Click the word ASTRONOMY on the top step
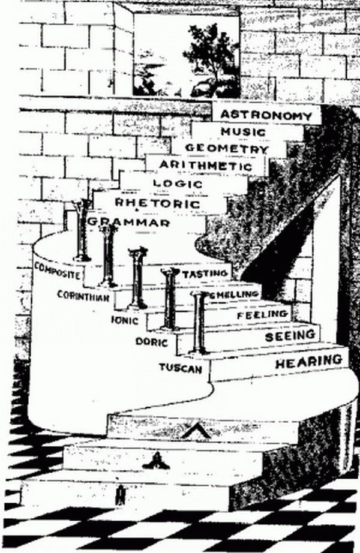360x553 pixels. (266, 115)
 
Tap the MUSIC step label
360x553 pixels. (243, 131)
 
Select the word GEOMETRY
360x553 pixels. (227, 148)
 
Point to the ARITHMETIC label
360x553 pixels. (206, 166)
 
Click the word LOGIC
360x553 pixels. (178, 183)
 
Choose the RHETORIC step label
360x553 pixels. (157, 203)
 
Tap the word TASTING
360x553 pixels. (206, 274)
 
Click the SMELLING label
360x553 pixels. (235, 294)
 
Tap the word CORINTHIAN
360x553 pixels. (83, 295)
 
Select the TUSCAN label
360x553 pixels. (180, 367)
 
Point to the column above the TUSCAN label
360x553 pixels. (199, 324)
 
